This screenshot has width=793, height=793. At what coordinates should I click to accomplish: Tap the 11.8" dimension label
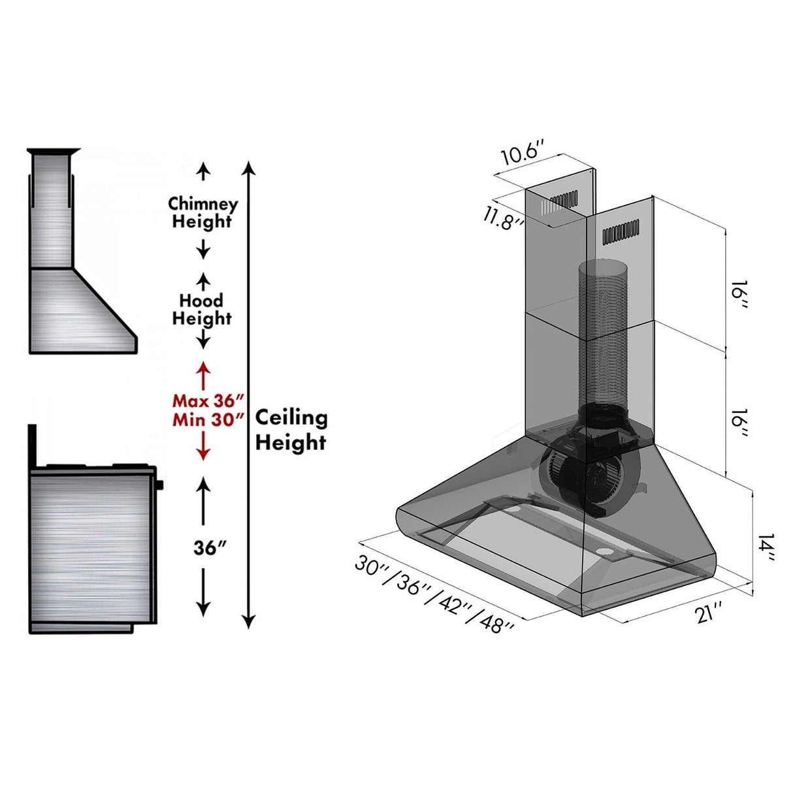click(504, 217)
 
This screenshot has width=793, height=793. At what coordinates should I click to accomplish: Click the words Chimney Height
click(202, 212)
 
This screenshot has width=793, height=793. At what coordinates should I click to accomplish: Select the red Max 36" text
click(208, 400)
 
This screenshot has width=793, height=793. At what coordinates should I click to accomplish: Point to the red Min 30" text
click(208, 419)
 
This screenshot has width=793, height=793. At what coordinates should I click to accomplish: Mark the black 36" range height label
click(210, 548)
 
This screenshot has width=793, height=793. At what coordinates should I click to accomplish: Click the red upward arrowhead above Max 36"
click(203, 367)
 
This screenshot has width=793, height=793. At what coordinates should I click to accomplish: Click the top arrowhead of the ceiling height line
click(248, 167)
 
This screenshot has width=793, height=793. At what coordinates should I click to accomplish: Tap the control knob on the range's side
click(160, 485)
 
